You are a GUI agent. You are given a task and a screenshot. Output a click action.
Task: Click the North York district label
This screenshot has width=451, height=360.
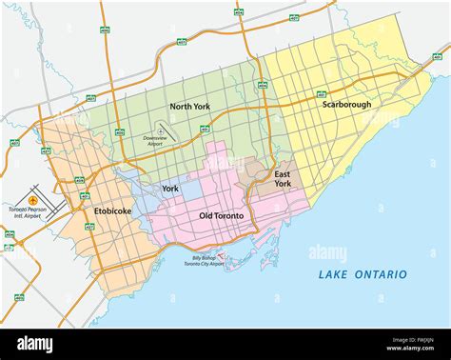coord(188,107)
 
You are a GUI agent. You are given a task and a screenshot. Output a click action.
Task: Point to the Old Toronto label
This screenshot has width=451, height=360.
coord(221,216)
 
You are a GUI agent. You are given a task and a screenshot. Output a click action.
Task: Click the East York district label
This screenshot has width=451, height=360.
coord(283,180)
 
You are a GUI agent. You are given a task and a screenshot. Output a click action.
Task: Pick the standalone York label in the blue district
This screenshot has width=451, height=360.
coord(170,189)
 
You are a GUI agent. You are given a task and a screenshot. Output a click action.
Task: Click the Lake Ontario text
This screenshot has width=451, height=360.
coord(363,274)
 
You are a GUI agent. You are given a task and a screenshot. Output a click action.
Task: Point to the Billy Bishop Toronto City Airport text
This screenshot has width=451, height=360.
coord(207,260)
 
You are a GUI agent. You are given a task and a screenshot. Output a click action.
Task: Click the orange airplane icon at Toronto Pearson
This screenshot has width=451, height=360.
coord(33,201)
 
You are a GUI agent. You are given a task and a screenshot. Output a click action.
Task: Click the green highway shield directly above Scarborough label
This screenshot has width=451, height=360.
coord(322,94)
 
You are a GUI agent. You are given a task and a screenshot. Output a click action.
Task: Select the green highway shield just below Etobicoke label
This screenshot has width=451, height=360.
coord(89,227)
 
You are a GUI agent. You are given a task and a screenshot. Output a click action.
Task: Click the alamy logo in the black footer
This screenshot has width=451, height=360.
coord(35,344)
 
